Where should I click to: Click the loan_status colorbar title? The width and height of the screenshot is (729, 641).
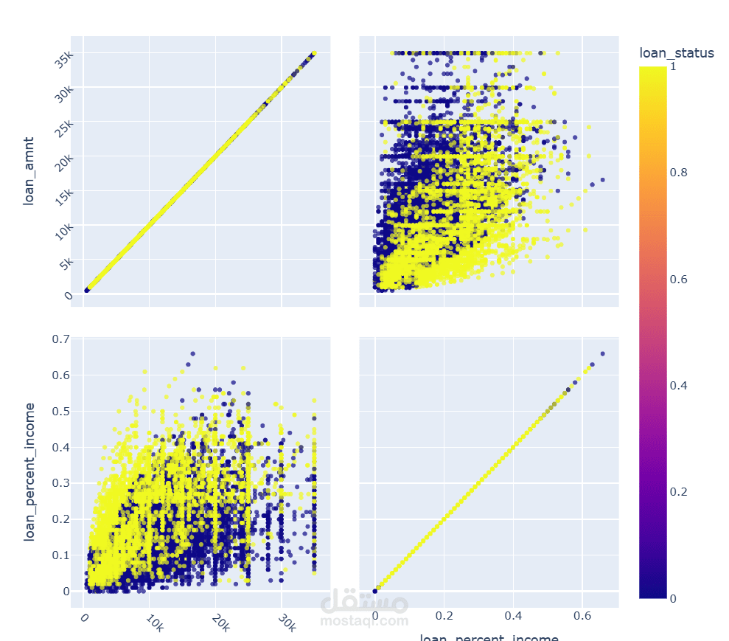[x=676, y=52]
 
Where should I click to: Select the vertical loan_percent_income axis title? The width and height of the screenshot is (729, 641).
[x=29, y=472]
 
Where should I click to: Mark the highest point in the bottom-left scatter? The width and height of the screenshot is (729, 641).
[x=192, y=354]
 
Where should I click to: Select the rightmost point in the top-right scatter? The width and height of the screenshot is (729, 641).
[x=602, y=180]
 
